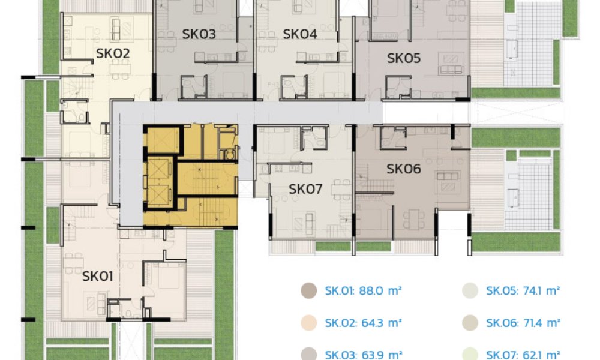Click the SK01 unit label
tap(98, 277)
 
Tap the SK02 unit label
tap(113, 54)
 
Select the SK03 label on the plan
tap(199, 34)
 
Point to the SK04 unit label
tap(299, 34)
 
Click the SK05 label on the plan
tap(404, 58)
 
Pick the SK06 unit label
tap(404, 169)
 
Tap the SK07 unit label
tap(305, 190)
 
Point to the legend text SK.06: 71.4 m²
tap(523, 323)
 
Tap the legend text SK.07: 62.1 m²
tap(523, 355)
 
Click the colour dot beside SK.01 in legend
tap(308, 291)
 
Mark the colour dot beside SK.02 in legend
tap(308, 323)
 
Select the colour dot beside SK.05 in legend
tap(469, 291)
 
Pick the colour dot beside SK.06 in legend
tap(469, 323)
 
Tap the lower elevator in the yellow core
tap(159, 194)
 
